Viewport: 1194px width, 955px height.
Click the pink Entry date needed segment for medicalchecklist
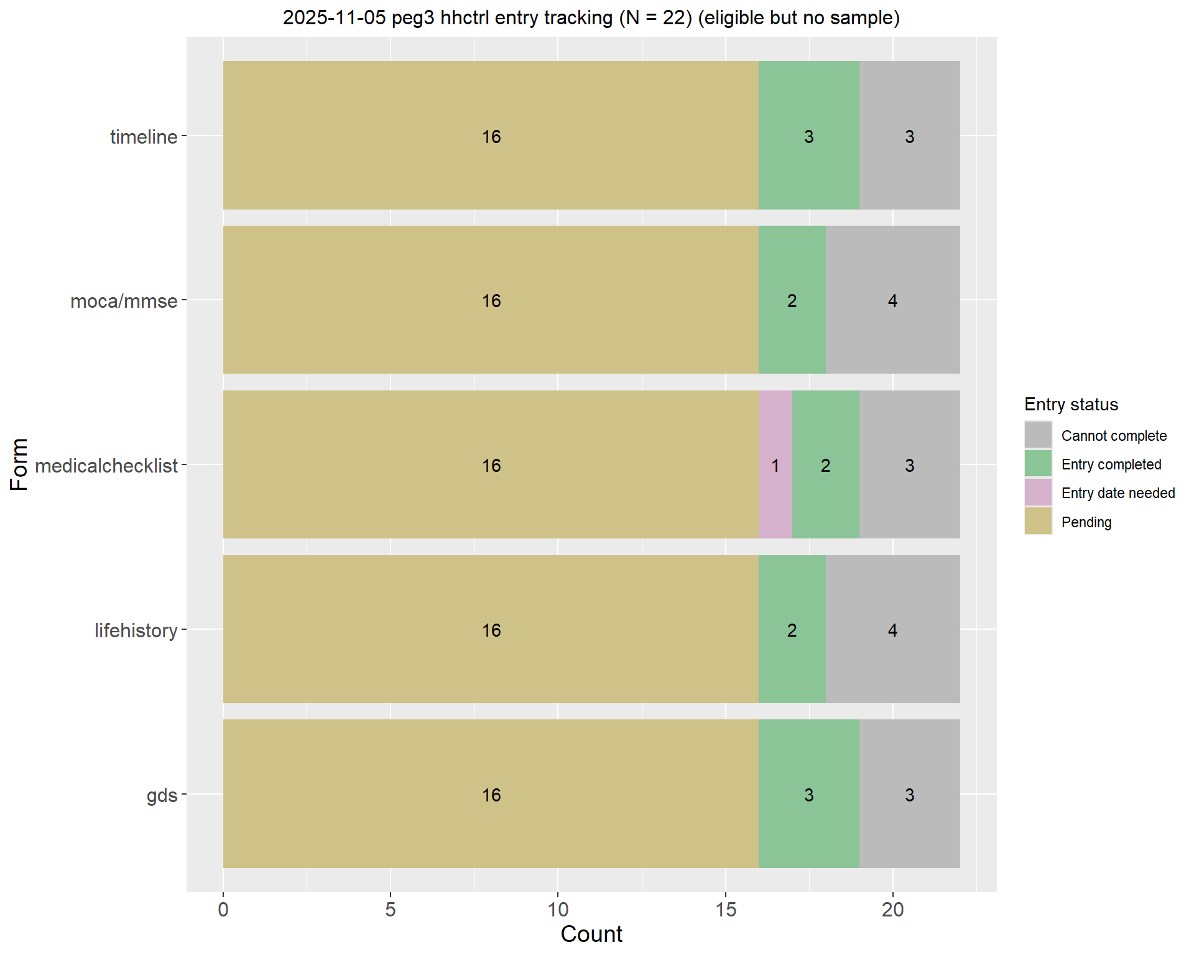[775, 464]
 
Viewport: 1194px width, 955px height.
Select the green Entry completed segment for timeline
[808, 136]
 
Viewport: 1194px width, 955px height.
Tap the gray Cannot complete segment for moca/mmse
[892, 300]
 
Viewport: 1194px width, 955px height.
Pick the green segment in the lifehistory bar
[792, 629]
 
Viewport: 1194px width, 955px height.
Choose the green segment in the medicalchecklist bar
[825, 464]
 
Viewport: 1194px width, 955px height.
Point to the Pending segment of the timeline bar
[491, 136]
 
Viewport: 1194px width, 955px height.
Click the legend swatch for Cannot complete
[1038, 435]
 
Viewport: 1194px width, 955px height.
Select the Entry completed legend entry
[1111, 464]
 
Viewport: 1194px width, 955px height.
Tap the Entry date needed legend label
[1118, 493]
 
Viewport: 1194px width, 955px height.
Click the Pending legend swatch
[1038, 521]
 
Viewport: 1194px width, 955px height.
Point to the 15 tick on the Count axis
[725, 910]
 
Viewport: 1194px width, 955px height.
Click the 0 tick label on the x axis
[223, 910]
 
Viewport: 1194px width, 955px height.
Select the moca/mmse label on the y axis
[124, 301]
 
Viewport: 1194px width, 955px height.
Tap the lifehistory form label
[136, 630]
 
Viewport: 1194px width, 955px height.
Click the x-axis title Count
[591, 934]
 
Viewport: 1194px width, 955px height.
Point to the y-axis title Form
[20, 464]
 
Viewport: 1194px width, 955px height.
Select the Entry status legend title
[1071, 405]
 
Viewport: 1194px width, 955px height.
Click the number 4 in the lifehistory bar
[892, 630]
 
